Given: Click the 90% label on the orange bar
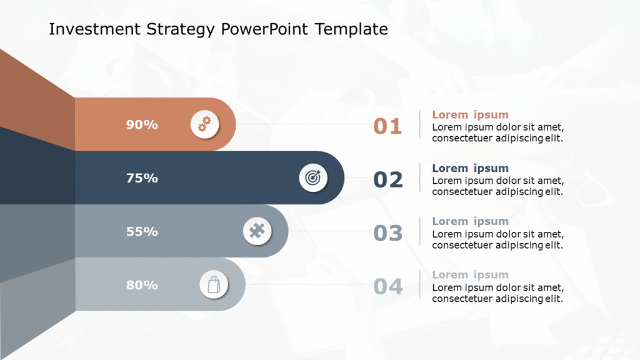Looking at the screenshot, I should (142, 124).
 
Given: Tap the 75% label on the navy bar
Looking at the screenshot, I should (142, 178).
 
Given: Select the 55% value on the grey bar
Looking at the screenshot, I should (142, 231).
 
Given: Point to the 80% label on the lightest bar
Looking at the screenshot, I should (142, 285).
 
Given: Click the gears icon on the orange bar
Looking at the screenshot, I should (204, 124).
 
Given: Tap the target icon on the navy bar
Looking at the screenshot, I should (312, 178).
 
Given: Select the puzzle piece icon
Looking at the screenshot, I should (257, 232).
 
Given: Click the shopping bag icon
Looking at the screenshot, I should (214, 285).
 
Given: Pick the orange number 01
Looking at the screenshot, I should (387, 126).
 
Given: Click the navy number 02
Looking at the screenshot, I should (388, 180).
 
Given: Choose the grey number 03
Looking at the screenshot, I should (388, 233).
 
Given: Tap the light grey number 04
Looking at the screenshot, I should (388, 287).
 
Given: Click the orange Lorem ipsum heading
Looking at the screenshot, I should (470, 115).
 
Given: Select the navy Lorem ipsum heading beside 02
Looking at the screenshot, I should (470, 168).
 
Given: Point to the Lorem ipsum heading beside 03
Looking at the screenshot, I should (470, 221).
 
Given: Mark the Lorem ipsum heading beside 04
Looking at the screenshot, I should (470, 275).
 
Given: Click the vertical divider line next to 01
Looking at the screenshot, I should (419, 124).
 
